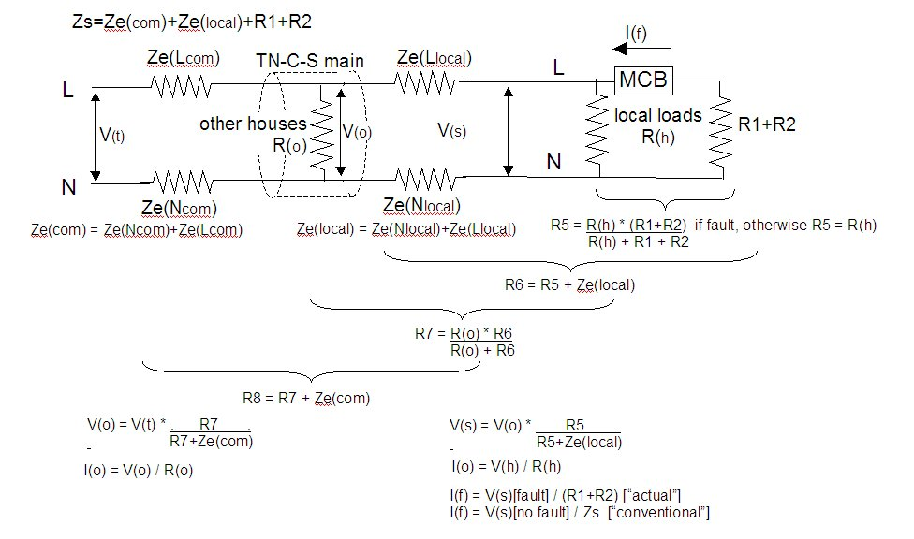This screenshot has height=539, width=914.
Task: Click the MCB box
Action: pyautogui.click(x=643, y=80)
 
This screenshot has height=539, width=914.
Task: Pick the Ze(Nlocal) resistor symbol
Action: pyautogui.click(x=427, y=177)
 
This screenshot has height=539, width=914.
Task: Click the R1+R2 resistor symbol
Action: pyautogui.click(x=720, y=126)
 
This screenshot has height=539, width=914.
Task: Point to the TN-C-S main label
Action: pyautogui.click(x=310, y=61)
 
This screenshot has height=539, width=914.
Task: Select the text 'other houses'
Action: pyautogui.click(x=253, y=124)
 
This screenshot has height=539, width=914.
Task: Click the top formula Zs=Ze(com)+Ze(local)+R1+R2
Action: pyautogui.click(x=191, y=21)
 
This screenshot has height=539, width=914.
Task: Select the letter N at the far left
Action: pyautogui.click(x=68, y=187)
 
